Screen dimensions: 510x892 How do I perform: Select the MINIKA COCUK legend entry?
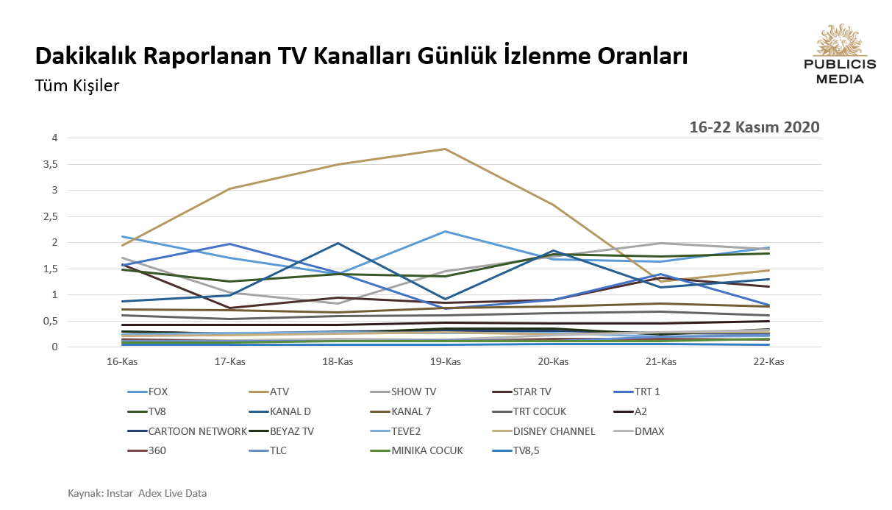[427, 450]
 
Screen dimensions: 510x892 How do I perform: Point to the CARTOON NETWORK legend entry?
[197, 431]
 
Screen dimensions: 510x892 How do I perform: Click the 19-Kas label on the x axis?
[446, 361]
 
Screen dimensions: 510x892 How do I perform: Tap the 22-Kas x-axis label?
[768, 361]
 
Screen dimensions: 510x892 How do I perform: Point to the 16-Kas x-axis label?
[123, 361]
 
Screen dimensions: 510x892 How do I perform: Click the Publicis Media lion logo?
[840, 40]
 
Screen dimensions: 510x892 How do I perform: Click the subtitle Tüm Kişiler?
[77, 86]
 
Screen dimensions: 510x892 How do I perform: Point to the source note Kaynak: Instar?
[137, 493]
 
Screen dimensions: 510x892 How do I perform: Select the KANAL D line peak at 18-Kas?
[338, 243]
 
